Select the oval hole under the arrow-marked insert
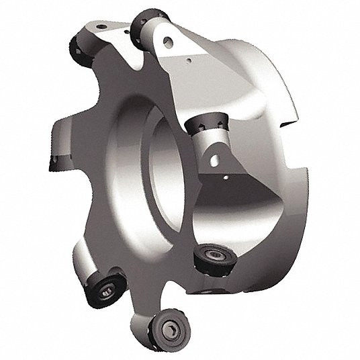214,159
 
